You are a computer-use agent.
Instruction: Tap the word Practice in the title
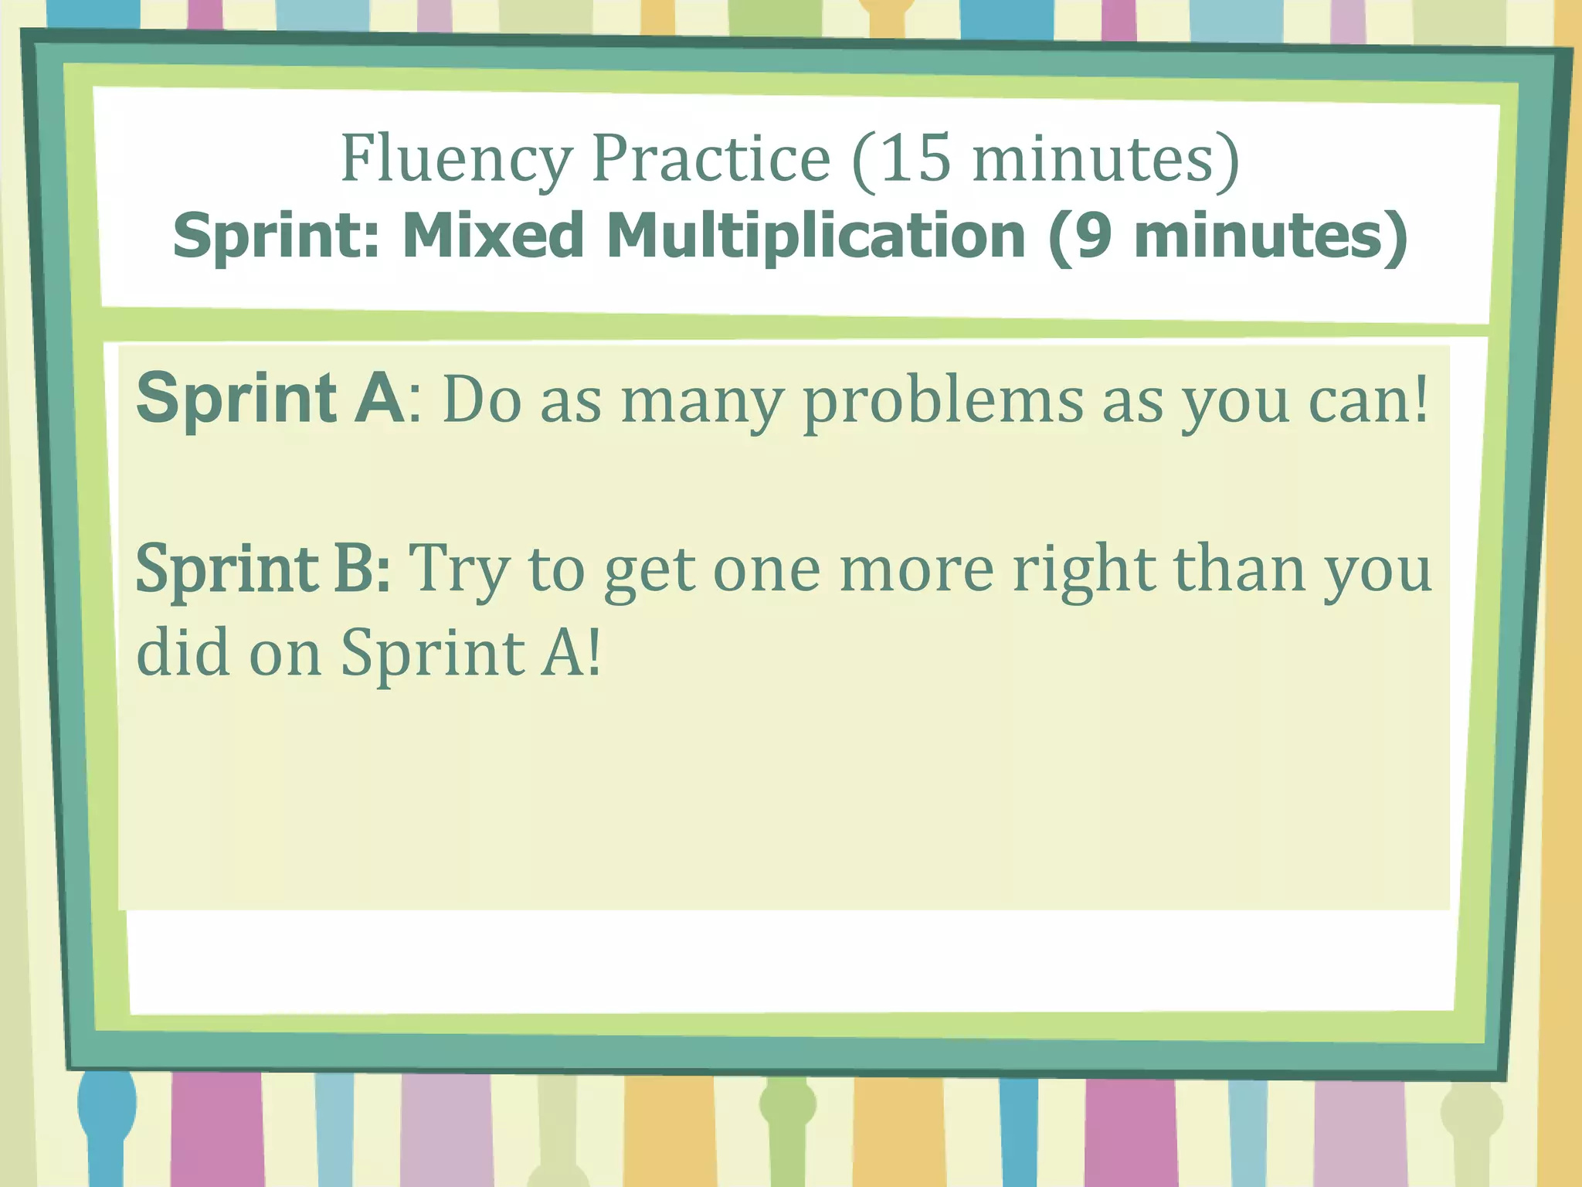tap(711, 158)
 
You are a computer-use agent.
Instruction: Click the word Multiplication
tap(816, 236)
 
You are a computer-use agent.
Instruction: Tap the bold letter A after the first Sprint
tap(379, 399)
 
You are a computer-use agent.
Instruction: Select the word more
tap(916, 570)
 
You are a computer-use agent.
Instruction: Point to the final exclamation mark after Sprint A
tap(593, 653)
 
